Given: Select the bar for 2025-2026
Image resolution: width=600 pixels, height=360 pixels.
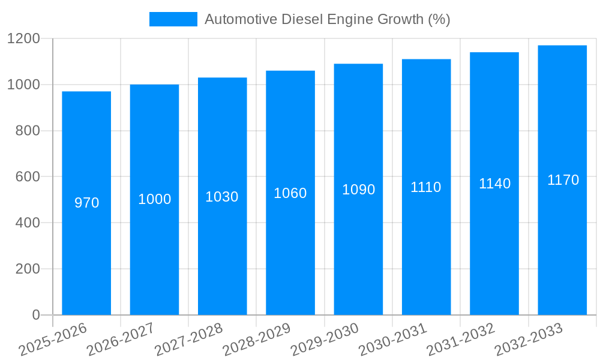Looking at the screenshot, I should click(86, 240).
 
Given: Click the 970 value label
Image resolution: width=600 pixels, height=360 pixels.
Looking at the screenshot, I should click(86, 203).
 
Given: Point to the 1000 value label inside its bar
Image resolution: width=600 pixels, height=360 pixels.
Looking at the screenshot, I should click(154, 199).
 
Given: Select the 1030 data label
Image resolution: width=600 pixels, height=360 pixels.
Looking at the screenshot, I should click(222, 197).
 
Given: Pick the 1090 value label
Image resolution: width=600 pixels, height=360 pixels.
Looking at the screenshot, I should click(358, 190).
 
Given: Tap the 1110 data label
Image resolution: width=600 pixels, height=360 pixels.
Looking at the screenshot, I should click(426, 187).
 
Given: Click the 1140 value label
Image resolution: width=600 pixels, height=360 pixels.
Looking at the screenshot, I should click(494, 184).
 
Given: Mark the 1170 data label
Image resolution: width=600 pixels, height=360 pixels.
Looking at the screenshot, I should click(563, 180).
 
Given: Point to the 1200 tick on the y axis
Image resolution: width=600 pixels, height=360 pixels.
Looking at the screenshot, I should click(23, 39).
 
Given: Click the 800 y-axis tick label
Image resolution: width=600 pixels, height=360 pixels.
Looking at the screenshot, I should click(28, 131).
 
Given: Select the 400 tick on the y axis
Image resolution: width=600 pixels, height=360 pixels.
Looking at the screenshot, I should click(28, 223).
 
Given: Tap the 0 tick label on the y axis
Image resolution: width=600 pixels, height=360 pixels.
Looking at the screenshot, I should click(35, 315).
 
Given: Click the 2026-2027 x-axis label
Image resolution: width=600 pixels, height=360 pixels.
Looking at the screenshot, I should click(121, 340).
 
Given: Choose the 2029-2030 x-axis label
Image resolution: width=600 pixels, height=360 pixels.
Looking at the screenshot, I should click(325, 340).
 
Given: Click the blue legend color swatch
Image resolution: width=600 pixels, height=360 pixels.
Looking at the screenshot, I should click(173, 19).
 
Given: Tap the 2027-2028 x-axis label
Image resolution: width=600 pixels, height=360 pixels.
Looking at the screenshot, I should click(188, 340).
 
